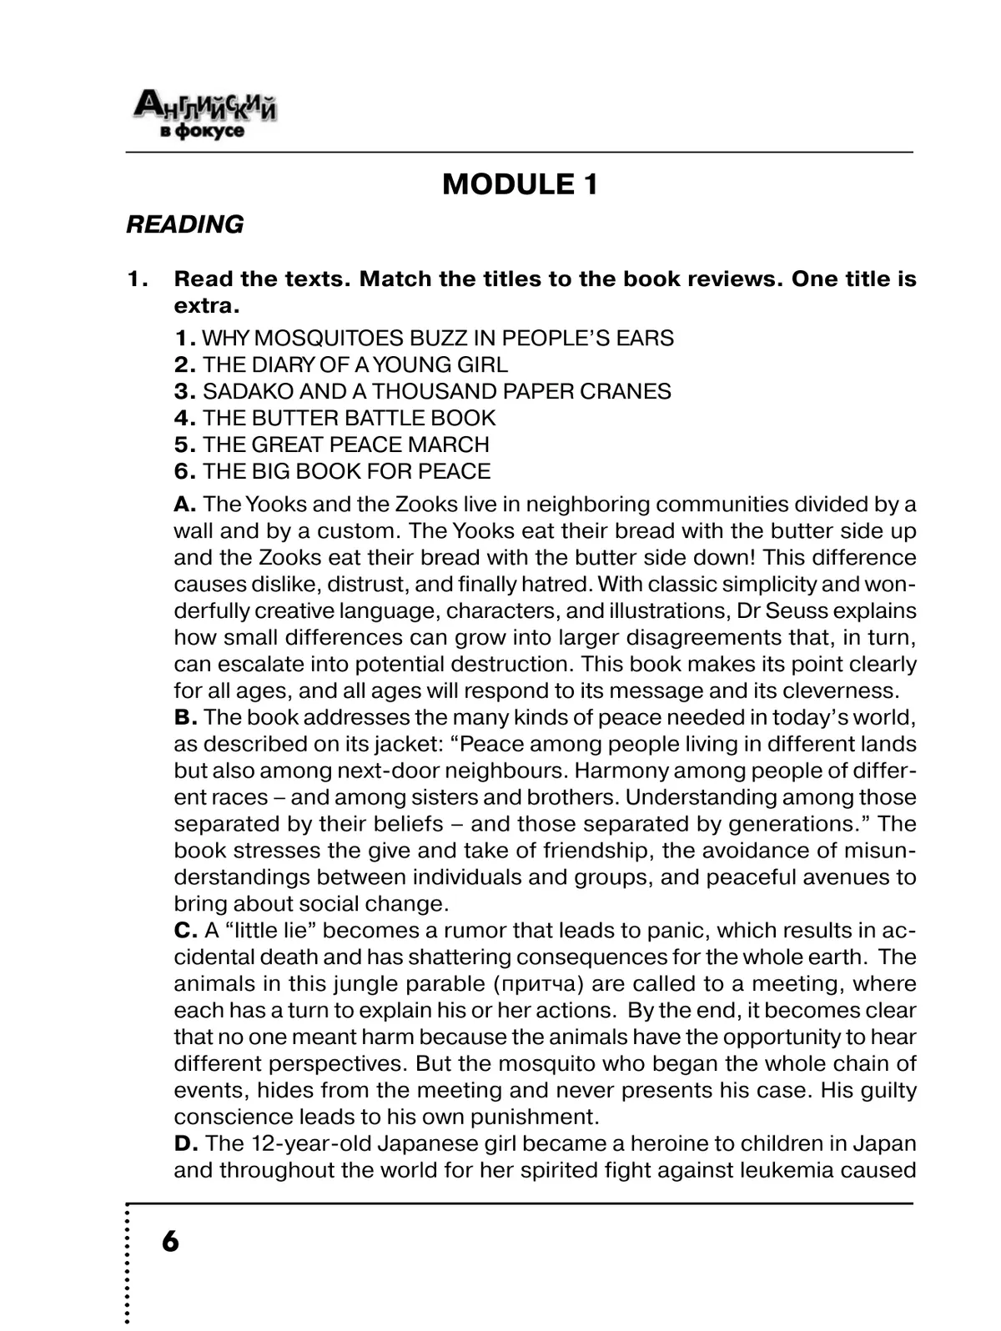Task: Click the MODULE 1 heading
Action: (520, 184)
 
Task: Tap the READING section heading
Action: (184, 224)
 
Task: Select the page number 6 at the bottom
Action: (169, 1242)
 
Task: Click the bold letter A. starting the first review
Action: (184, 505)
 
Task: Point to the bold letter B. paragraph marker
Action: (184, 718)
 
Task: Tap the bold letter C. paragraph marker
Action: (185, 931)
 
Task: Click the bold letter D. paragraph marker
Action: (185, 1144)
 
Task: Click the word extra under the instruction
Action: (205, 306)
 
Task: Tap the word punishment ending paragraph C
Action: (534, 1118)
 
